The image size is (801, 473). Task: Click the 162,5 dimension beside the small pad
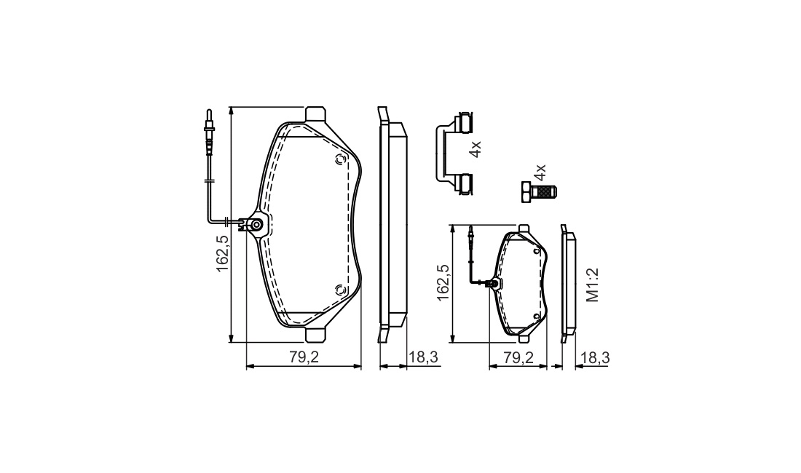point(443,282)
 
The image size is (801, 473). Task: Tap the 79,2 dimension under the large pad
point(304,357)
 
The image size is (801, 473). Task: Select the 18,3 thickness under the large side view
point(423,357)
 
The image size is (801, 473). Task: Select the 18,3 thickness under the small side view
point(595,357)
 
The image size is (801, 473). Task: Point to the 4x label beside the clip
point(475,149)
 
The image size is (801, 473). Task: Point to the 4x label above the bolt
point(540,172)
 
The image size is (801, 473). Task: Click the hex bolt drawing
point(539,192)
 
